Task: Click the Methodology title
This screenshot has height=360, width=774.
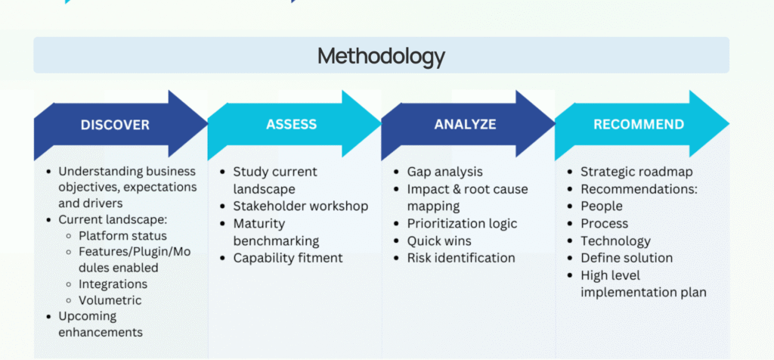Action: (x=381, y=56)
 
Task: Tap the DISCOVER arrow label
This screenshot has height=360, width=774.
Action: (x=115, y=125)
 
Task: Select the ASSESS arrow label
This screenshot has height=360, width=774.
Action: (x=291, y=124)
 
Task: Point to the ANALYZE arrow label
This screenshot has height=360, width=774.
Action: (x=465, y=124)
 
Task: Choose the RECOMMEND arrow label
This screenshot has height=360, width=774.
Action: (x=639, y=124)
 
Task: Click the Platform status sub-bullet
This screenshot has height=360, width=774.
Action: (x=122, y=235)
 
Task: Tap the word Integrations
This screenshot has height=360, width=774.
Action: (x=113, y=284)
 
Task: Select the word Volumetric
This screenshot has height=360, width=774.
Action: (x=110, y=300)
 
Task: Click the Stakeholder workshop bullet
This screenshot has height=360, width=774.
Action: (x=301, y=206)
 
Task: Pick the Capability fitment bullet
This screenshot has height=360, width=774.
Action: (x=288, y=258)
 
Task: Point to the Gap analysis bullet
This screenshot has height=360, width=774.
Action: (x=444, y=172)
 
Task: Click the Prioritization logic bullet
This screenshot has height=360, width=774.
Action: (x=462, y=224)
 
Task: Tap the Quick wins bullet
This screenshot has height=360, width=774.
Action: (x=439, y=241)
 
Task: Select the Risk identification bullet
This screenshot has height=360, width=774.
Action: (x=461, y=258)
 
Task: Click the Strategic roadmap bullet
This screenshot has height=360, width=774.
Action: (x=636, y=172)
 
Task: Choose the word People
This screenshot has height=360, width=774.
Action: (x=601, y=206)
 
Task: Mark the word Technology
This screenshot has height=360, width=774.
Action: (x=615, y=241)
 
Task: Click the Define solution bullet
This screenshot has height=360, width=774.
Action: (x=627, y=258)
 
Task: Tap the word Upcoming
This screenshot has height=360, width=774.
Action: (x=88, y=317)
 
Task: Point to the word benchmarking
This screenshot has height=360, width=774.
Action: (x=276, y=241)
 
